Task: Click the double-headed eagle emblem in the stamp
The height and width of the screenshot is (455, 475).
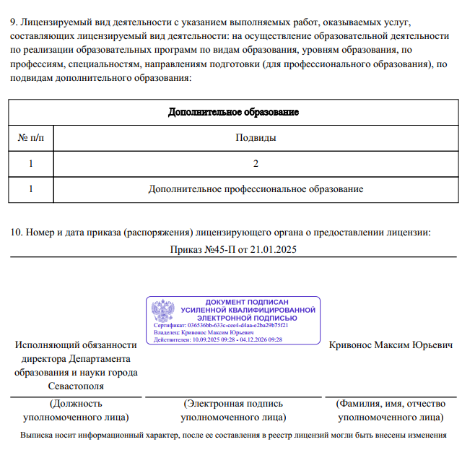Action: [162, 311]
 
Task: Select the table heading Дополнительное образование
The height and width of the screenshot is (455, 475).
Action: [233, 112]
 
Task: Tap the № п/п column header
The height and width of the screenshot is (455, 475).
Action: [30, 137]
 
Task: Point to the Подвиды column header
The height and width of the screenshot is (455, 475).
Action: [256, 137]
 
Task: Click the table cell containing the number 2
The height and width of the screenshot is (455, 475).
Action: [256, 163]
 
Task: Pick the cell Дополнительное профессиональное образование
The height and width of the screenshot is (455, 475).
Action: [256, 189]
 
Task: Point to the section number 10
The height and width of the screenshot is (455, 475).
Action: [15, 233]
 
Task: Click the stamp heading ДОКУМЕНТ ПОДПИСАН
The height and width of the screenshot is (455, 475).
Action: [247, 302]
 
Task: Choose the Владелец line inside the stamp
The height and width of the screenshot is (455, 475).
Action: [204, 332]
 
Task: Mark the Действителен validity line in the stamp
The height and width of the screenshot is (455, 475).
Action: [218, 339]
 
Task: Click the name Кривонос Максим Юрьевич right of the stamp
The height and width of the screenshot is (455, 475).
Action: [391, 345]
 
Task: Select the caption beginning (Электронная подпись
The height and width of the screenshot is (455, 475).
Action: [233, 404]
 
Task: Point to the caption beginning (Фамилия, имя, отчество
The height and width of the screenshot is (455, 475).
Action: [391, 404]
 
